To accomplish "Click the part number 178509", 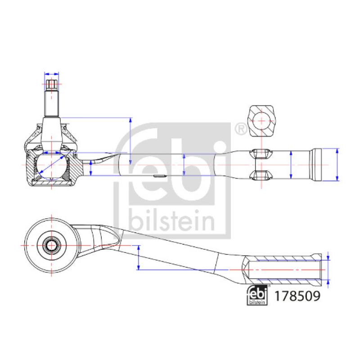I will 297,297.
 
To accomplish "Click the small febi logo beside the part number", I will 257,297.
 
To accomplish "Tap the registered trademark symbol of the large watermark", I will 241,129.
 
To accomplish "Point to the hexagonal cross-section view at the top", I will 261,121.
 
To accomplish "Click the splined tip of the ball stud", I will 52,84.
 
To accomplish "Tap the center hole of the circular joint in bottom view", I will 52,246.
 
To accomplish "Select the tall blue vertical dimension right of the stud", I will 130,141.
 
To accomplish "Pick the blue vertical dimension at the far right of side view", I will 337,165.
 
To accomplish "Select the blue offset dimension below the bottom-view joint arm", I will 138,257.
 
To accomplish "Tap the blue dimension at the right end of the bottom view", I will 328,270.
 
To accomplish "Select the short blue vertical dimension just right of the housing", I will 91,168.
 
